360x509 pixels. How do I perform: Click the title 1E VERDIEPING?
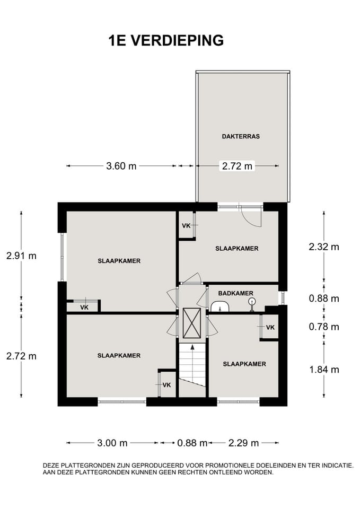166,41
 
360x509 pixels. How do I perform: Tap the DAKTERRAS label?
241,136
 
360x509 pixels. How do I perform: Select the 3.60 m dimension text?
121,166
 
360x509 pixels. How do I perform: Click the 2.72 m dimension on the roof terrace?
237,166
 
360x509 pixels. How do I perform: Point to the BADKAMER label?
236,293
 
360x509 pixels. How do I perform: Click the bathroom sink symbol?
220,306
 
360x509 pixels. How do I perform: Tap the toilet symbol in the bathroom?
252,305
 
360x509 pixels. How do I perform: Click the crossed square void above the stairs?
192,323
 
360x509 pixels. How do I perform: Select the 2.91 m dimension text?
21,256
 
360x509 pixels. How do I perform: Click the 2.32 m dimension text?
324,247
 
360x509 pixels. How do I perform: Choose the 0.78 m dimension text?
324,327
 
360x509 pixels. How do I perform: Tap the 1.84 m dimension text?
324,370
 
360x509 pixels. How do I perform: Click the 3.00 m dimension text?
112,443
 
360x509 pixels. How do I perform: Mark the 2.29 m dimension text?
243,443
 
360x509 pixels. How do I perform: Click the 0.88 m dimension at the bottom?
192,443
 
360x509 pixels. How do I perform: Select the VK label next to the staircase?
167,385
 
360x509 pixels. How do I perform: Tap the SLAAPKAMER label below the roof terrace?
237,249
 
